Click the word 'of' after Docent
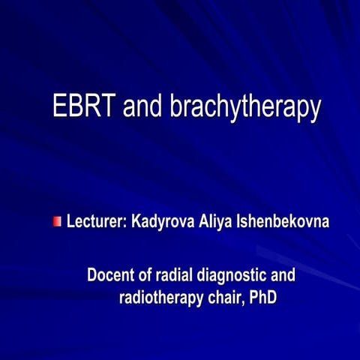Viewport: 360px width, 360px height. [146, 275]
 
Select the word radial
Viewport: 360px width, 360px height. [175, 275]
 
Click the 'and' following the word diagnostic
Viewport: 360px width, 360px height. [282, 275]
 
